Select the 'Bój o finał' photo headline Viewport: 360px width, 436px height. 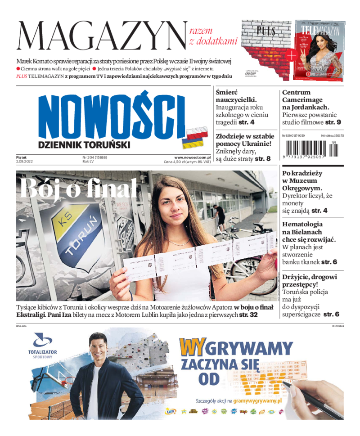78,188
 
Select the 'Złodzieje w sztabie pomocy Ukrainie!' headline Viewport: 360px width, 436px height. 244,139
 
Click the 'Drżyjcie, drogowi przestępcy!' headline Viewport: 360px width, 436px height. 309,280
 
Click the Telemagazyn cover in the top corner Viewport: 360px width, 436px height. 319,49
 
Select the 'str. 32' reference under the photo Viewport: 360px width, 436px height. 248,315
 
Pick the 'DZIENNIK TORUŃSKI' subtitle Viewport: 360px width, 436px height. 84,145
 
